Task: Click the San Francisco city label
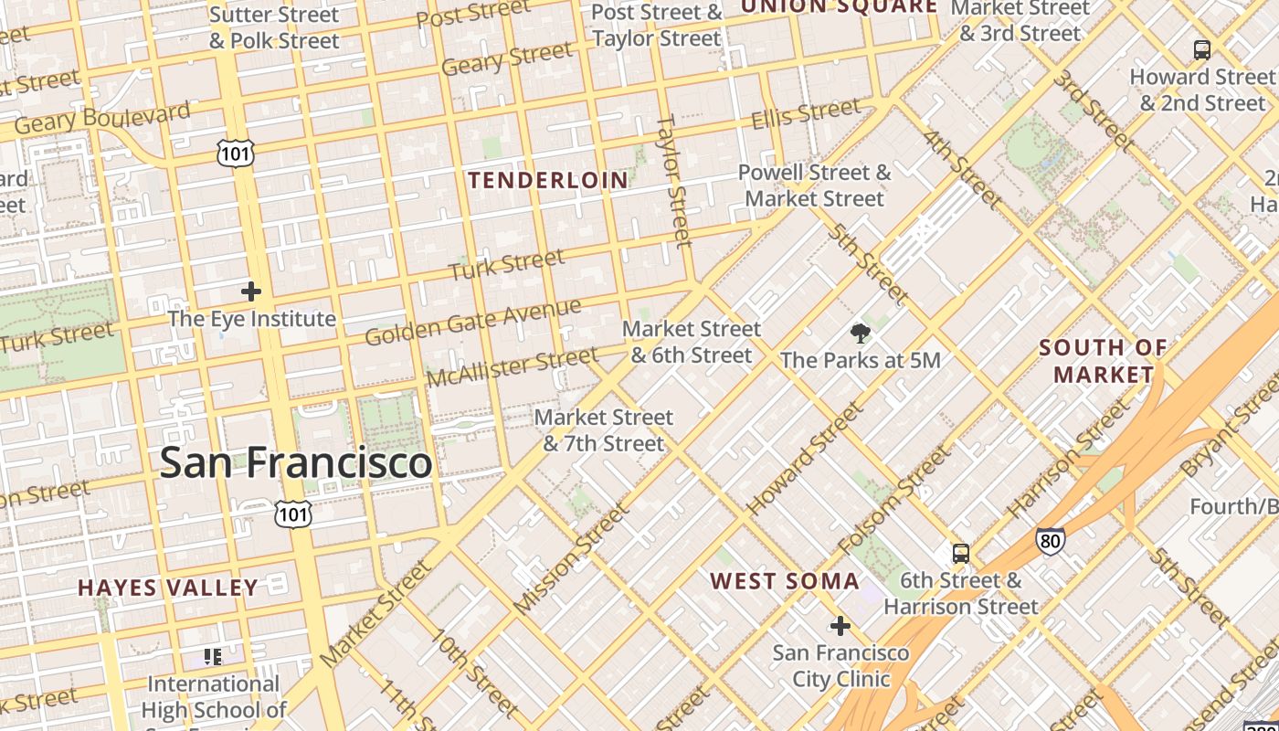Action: pos(295,462)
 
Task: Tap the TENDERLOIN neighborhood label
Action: pos(548,180)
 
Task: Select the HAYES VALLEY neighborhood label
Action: pos(168,588)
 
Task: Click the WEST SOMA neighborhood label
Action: pos(785,581)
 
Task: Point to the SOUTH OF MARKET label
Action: pos(1103,361)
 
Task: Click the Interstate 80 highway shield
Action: pos(1050,541)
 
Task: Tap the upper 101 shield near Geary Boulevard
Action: pos(235,154)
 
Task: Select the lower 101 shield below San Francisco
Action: pos(293,514)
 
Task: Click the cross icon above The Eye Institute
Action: pos(250,292)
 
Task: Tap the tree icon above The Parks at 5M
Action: pos(859,334)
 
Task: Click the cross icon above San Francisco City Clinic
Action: pos(840,626)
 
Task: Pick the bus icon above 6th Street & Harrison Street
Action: pos(960,553)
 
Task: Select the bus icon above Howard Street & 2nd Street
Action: pos(1201,49)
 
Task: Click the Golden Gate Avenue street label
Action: pos(472,322)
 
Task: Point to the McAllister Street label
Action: pos(512,365)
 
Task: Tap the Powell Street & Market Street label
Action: pos(814,185)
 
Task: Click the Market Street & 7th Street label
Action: pos(603,430)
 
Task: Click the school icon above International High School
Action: pos(213,656)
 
